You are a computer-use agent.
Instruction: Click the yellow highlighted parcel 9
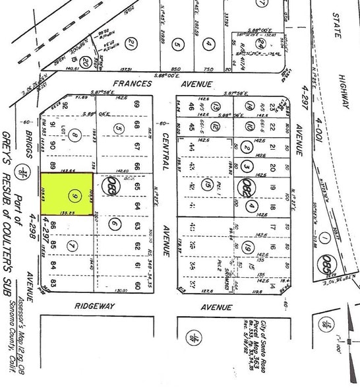(66, 196)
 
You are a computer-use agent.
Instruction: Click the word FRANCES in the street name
(135, 84)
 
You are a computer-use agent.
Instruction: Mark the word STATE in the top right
(338, 24)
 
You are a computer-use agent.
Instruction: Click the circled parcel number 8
(76, 137)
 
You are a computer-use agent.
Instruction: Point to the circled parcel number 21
(133, 44)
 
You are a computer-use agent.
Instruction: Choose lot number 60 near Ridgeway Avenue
(137, 285)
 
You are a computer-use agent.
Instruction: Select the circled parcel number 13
(219, 106)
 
